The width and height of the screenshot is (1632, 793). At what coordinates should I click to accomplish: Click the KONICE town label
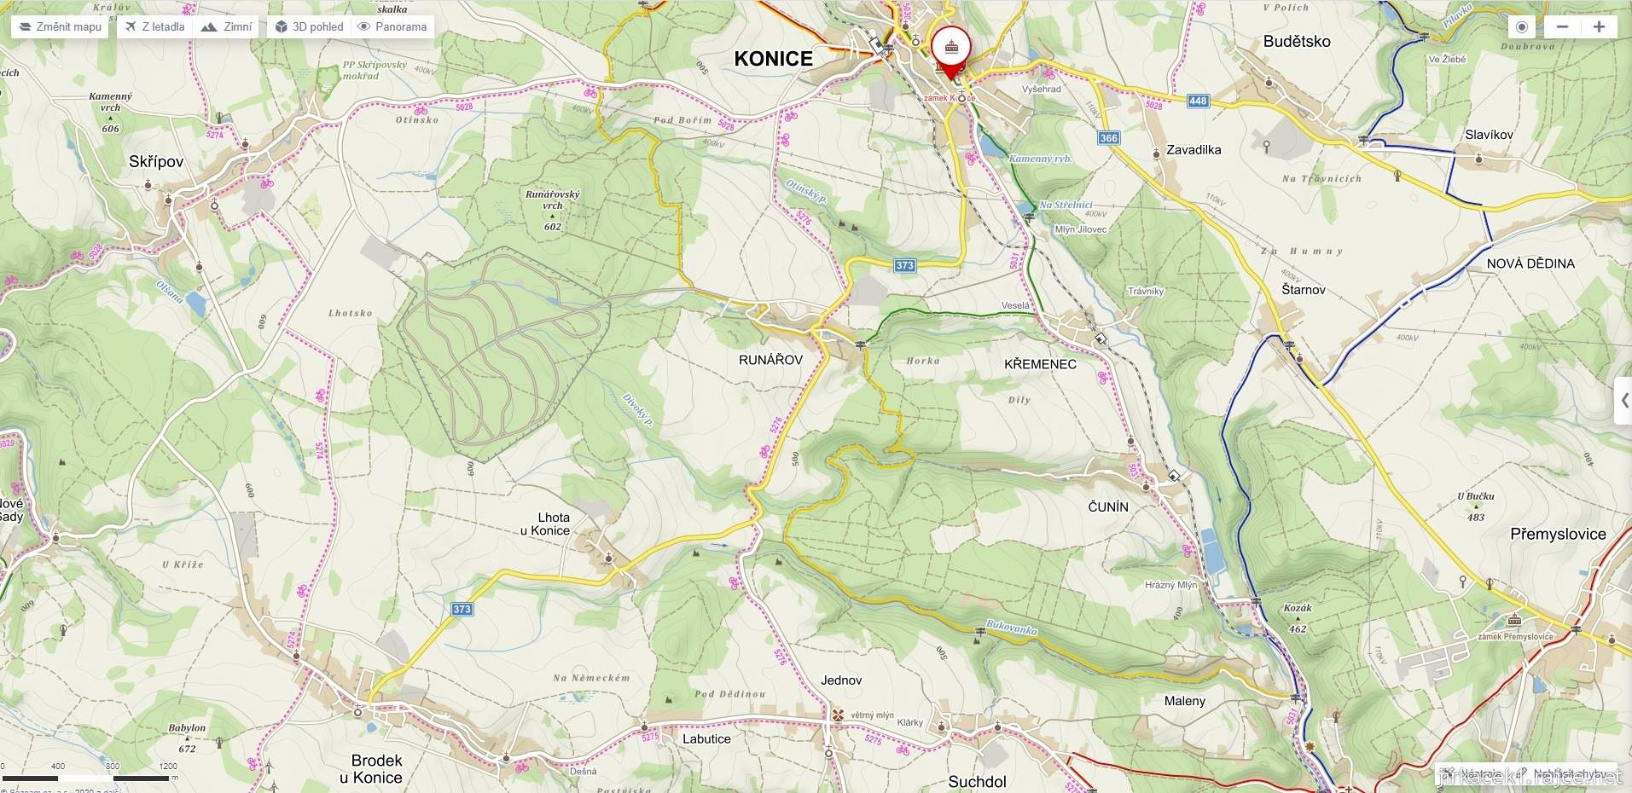(x=773, y=59)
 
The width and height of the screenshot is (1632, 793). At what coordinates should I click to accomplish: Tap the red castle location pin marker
(x=950, y=49)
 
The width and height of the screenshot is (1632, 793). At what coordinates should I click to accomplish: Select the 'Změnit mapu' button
(x=60, y=26)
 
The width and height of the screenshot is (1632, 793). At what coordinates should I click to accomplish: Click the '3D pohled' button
(x=309, y=26)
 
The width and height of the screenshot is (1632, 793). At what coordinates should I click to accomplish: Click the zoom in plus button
(x=1599, y=26)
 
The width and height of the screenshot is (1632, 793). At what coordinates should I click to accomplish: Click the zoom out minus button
(x=1562, y=26)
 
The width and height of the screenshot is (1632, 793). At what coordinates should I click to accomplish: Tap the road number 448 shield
(x=1198, y=101)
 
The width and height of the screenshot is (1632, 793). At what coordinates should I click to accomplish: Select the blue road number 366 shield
(x=1108, y=138)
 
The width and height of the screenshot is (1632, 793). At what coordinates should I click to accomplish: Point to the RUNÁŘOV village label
(x=770, y=360)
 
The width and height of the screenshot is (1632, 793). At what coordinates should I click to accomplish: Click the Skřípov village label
(x=156, y=162)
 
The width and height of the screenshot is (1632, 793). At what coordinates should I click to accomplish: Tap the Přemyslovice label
(x=1558, y=535)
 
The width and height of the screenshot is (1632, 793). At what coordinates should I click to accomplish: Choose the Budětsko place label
(x=1297, y=42)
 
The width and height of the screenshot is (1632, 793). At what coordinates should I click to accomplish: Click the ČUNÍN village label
(x=1108, y=507)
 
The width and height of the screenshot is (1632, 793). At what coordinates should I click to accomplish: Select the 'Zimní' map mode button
(x=227, y=26)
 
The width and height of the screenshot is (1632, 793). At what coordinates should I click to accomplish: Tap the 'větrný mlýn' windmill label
(x=872, y=715)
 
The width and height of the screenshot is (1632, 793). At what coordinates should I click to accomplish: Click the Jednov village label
(x=841, y=680)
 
